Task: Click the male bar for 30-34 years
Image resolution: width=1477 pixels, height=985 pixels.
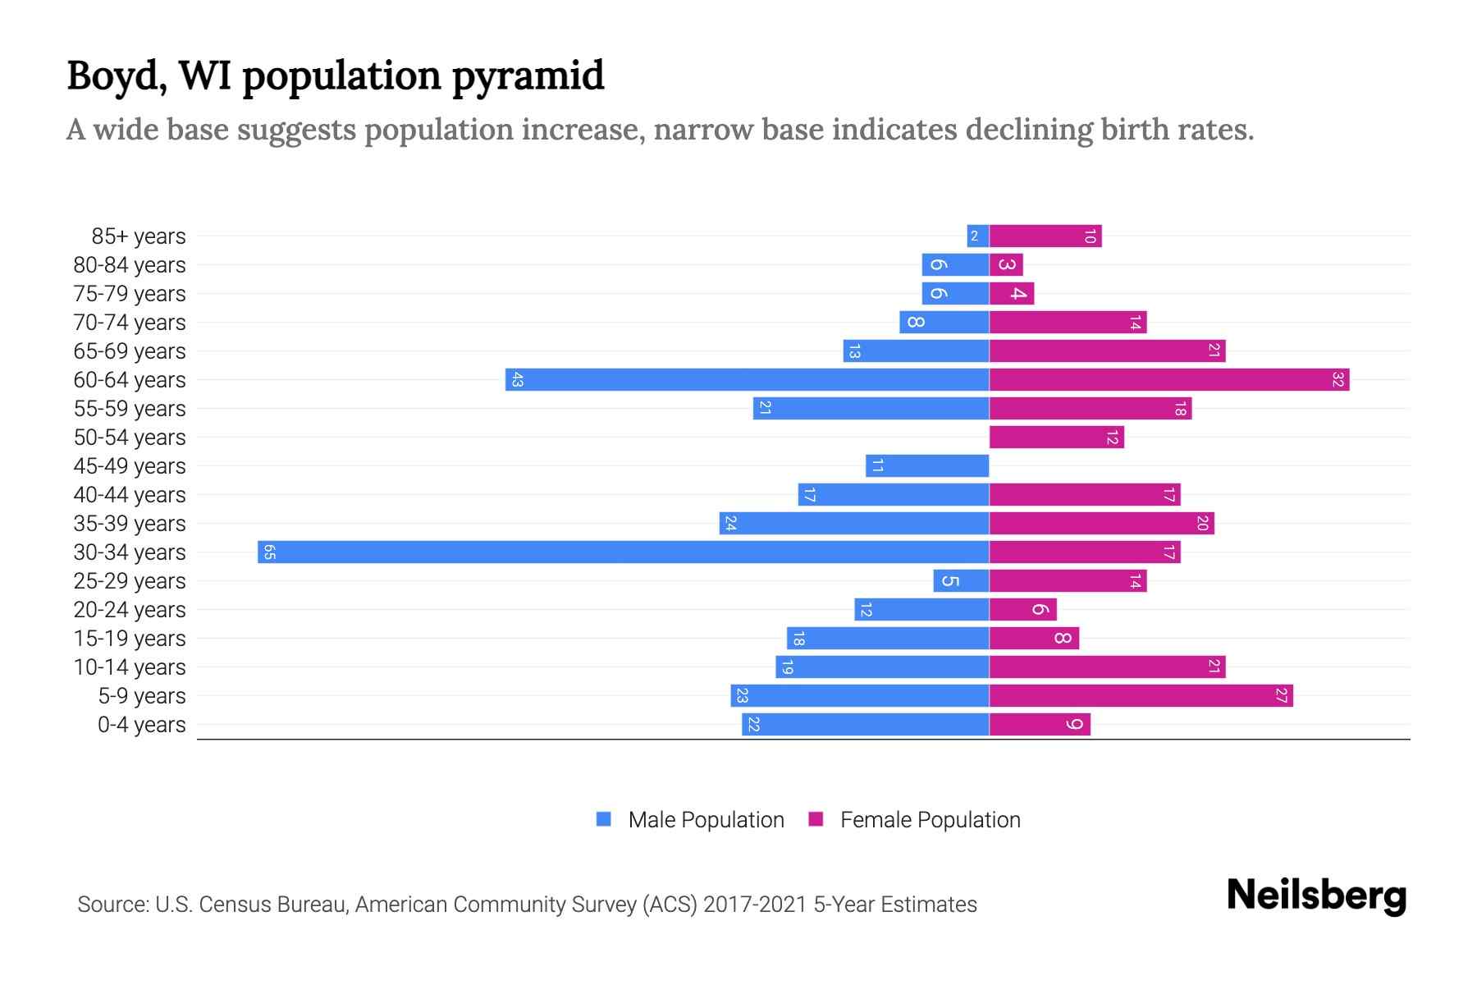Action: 624,552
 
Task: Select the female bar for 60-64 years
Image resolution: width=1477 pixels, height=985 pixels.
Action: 1168,379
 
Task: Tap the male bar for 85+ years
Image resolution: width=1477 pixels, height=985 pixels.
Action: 977,236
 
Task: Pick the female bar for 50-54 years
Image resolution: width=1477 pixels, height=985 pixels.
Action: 1056,437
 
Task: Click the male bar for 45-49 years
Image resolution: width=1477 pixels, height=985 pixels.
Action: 927,465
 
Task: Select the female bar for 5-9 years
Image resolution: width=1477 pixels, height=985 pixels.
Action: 1141,695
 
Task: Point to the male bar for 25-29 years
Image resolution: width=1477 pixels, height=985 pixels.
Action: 961,580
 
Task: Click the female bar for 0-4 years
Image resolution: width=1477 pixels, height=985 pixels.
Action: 1040,724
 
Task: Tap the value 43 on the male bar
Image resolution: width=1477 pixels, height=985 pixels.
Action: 517,379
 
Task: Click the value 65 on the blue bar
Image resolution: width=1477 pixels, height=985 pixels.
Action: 269,552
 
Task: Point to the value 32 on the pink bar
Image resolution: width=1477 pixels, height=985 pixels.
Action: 1338,379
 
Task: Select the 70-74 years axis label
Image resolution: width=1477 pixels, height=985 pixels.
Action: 130,323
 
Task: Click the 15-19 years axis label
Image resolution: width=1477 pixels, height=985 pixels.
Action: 130,639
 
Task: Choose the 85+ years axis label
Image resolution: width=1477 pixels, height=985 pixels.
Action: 139,236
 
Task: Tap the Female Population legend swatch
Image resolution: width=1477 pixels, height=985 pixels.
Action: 816,819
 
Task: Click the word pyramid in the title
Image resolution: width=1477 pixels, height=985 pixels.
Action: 528,76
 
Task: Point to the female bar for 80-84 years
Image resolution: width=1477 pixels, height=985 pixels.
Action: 1006,265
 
